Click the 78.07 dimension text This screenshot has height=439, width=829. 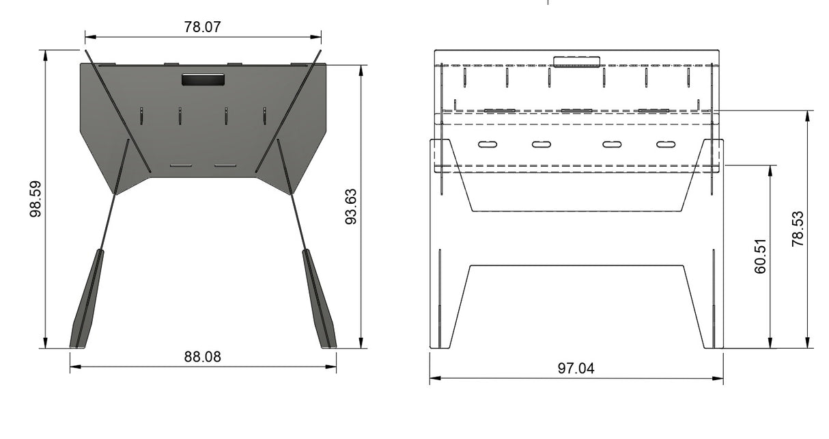coord(203,27)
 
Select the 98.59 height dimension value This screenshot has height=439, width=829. coord(36,199)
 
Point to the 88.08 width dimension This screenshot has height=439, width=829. coord(203,357)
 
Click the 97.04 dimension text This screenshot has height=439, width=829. coord(576,369)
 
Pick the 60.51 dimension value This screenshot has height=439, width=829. coord(761,256)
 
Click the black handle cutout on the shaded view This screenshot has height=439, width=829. coord(203,79)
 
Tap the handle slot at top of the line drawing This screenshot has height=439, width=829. coord(577,62)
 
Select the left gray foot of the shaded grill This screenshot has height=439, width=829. coord(87,301)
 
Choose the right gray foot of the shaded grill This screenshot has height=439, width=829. coord(320,301)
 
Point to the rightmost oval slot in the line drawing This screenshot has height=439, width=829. coord(666,144)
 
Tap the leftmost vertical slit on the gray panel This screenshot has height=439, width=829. coord(141,116)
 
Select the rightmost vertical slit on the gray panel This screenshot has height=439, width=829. coord(264,116)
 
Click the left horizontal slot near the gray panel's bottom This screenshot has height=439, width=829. coord(181,165)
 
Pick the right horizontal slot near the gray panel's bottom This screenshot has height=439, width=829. coord(225,165)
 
